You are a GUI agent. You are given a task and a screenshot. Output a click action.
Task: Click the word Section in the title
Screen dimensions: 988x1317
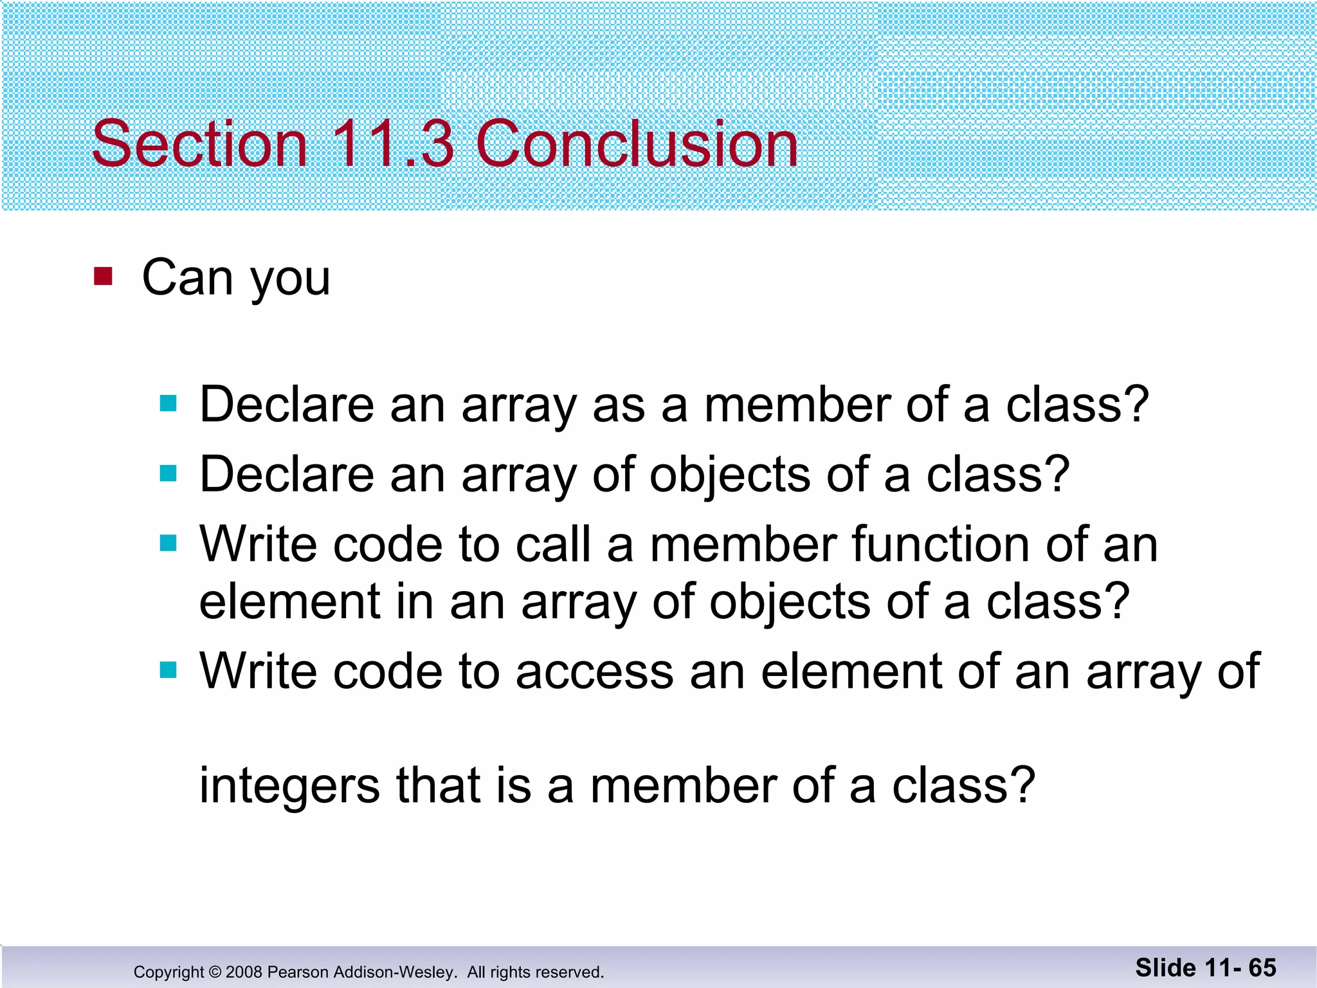coord(199,144)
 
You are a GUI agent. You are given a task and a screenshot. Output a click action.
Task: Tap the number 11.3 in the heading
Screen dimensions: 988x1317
coord(392,144)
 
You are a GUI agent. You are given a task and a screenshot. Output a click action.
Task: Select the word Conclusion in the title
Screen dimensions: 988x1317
coord(637,144)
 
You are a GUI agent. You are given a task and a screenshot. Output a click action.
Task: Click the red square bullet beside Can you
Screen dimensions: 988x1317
coord(103,277)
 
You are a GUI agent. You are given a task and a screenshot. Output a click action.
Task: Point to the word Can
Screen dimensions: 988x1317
coord(187,277)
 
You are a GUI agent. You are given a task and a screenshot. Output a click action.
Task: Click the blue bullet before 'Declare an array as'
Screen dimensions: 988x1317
coord(168,404)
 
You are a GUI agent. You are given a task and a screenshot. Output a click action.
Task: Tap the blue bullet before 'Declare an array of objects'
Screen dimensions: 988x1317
coord(168,474)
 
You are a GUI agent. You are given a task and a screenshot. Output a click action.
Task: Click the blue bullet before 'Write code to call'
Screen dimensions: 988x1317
coord(168,544)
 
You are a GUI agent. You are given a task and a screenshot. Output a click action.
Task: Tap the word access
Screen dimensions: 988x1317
coord(595,672)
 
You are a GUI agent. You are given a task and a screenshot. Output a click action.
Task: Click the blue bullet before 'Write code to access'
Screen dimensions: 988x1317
coord(168,671)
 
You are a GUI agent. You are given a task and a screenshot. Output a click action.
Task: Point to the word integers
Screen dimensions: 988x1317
coord(289,786)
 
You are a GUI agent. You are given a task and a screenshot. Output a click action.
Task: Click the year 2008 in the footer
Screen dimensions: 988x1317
coord(244,972)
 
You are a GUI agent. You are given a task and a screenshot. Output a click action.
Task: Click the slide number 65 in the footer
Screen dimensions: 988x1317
coord(1262,967)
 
